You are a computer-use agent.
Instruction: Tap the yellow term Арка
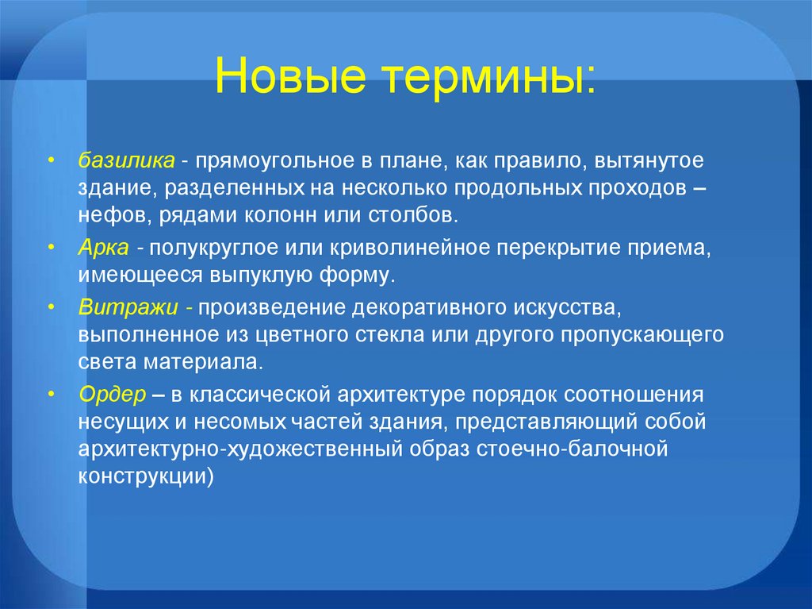point(103,248)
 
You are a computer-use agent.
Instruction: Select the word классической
point(260,393)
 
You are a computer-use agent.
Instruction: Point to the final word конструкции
point(145,476)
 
